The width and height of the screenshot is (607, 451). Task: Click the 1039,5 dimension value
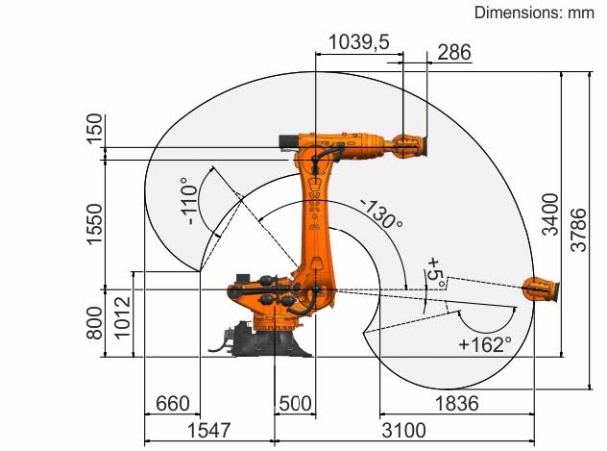(x=359, y=42)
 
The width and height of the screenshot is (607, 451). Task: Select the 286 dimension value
(x=454, y=52)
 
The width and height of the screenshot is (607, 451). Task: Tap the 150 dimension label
(x=95, y=129)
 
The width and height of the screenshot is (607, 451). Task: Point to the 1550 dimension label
(x=95, y=224)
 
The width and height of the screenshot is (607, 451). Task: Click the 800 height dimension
(x=95, y=323)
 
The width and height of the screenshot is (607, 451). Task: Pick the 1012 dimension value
(x=122, y=317)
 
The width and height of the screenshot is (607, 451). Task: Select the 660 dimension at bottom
(x=172, y=403)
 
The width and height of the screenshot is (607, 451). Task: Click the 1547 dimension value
(x=208, y=430)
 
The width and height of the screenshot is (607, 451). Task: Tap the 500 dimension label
(x=295, y=403)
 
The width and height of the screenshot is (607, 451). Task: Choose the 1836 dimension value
(x=457, y=403)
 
